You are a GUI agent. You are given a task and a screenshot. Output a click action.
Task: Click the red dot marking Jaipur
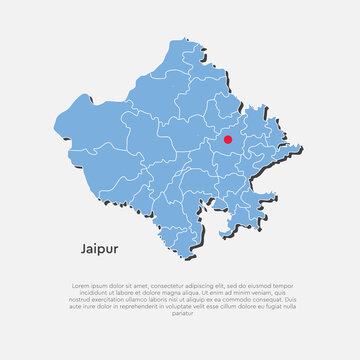pyautogui.click(x=227, y=140)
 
